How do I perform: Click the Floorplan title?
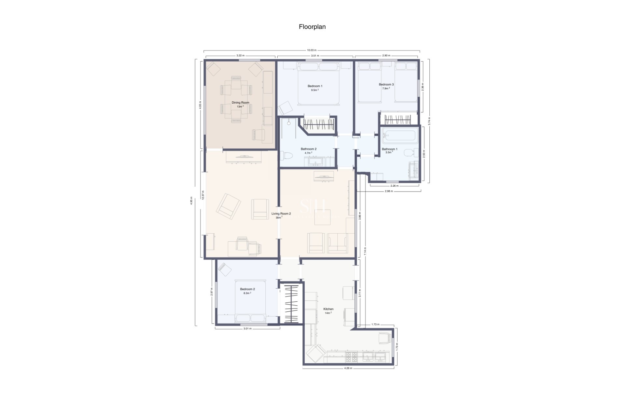(x=312, y=27)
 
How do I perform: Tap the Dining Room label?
(x=240, y=103)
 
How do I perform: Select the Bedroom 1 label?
(x=315, y=86)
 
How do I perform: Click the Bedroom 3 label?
(x=386, y=84)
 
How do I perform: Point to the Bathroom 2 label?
(x=308, y=149)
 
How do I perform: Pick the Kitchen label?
(x=328, y=309)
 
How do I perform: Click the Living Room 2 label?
(x=281, y=214)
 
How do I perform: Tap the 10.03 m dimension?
(x=312, y=50)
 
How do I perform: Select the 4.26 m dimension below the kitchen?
(x=348, y=368)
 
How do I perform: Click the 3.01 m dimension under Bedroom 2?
(x=247, y=329)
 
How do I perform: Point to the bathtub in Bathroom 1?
(x=400, y=136)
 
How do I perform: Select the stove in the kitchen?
(x=351, y=357)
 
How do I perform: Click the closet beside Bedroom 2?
(x=291, y=304)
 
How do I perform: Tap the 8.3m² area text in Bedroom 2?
(x=247, y=293)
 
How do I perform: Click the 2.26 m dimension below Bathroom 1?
(x=394, y=186)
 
